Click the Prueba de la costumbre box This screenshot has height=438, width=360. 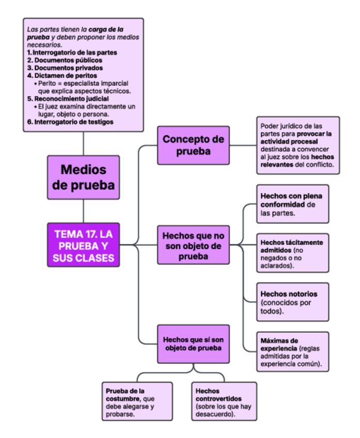138,401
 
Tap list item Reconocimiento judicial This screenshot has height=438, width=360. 60,98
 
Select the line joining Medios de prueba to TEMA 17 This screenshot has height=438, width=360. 83,212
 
